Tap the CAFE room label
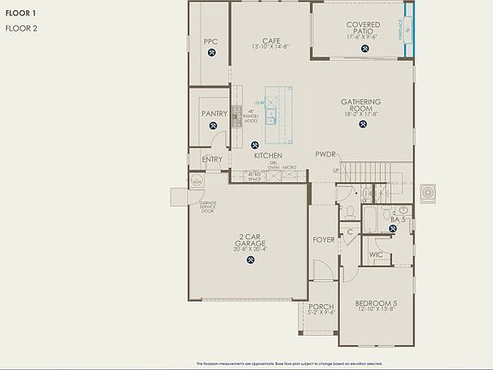[x=272, y=41]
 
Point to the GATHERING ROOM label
[x=360, y=105]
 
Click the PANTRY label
[x=213, y=113]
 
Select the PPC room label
[x=211, y=41]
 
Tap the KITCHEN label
[x=268, y=156]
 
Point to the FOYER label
[x=323, y=240]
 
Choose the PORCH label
[x=321, y=307]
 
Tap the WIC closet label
[x=376, y=254]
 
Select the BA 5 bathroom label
[x=398, y=220]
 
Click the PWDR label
[x=325, y=155]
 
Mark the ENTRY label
[x=212, y=159]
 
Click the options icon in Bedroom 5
[x=377, y=325]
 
